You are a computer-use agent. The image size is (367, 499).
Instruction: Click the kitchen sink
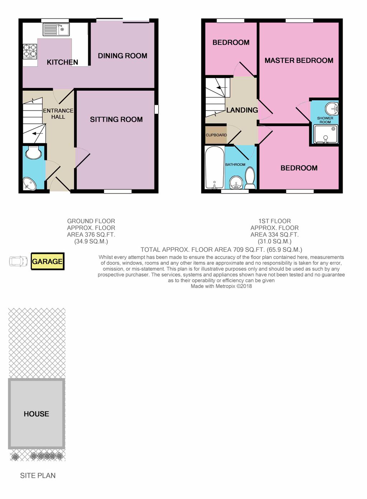pyautogui.click(x=56, y=29)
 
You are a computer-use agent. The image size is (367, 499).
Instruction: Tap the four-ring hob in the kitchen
pyautogui.click(x=30, y=52)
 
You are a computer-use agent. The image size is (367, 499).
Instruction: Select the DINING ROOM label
pyautogui.click(x=123, y=56)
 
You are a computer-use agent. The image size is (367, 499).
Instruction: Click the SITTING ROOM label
pyautogui.click(x=116, y=119)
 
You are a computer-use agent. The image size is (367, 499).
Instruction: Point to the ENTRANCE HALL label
pyautogui.click(x=58, y=114)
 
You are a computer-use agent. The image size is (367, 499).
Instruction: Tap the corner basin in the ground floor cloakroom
pyautogui.click(x=30, y=184)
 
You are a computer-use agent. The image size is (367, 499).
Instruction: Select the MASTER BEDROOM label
pyautogui.click(x=299, y=60)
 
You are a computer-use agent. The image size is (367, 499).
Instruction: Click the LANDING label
pyautogui.click(x=242, y=110)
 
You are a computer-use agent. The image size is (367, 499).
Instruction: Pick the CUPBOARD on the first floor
pyautogui.click(x=216, y=135)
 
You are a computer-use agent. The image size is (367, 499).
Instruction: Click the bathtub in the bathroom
pyautogui.click(x=215, y=167)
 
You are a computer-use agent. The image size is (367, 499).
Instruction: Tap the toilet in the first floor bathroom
pyautogui.click(x=250, y=178)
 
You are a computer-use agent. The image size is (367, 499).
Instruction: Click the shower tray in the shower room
pyautogui.click(x=325, y=134)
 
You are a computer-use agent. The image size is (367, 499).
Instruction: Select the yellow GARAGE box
pyautogui.click(x=48, y=261)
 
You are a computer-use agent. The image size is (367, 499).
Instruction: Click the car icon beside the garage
pyautogui.click(x=18, y=261)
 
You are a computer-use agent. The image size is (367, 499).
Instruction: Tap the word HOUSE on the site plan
pyautogui.click(x=37, y=414)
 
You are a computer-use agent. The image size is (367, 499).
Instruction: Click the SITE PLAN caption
pyautogui.click(x=38, y=476)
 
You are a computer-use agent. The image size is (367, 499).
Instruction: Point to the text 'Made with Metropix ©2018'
pyautogui.click(x=221, y=286)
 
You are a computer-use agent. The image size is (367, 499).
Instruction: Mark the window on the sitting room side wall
pyautogui.click(x=157, y=109)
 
